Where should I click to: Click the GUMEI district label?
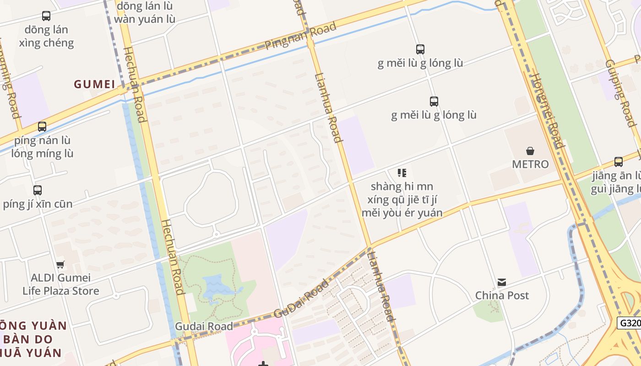(94, 84)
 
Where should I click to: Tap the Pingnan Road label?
(301, 36)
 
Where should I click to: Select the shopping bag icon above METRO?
(530, 151)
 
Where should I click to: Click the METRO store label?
(530, 164)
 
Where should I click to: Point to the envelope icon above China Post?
(502, 282)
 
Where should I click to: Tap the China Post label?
(502, 296)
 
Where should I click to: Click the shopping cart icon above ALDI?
(60, 264)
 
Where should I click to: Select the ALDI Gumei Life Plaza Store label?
(61, 284)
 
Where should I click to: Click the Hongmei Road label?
(548, 110)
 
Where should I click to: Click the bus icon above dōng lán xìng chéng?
(46, 16)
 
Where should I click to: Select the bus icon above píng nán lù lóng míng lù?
(42, 127)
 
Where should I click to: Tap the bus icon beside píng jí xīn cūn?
(38, 190)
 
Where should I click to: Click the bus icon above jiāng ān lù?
(618, 162)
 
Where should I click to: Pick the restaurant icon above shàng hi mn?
(402, 173)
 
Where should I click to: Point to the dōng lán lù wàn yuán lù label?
(145, 13)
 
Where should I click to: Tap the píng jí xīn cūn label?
(38, 204)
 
